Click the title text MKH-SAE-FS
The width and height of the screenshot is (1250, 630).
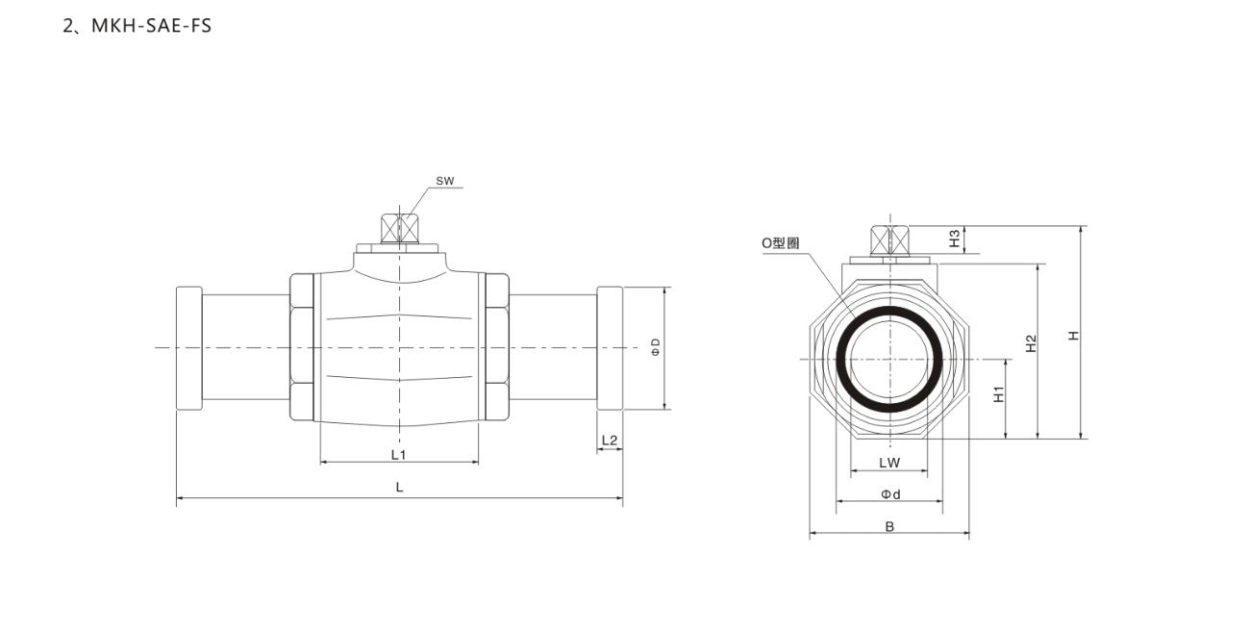pos(151,26)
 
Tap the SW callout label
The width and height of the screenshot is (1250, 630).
pos(445,181)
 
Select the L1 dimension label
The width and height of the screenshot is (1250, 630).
pos(398,455)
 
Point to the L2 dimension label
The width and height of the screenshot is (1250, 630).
pos(610,441)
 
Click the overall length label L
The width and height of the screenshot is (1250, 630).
pos(400,487)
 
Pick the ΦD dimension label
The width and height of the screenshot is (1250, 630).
pos(656,346)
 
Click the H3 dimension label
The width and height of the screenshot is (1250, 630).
pos(955,239)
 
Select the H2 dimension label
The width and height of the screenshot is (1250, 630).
pos(1031,343)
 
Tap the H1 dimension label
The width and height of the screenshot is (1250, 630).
pos(999,394)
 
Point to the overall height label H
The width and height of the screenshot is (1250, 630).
pos(1074,336)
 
